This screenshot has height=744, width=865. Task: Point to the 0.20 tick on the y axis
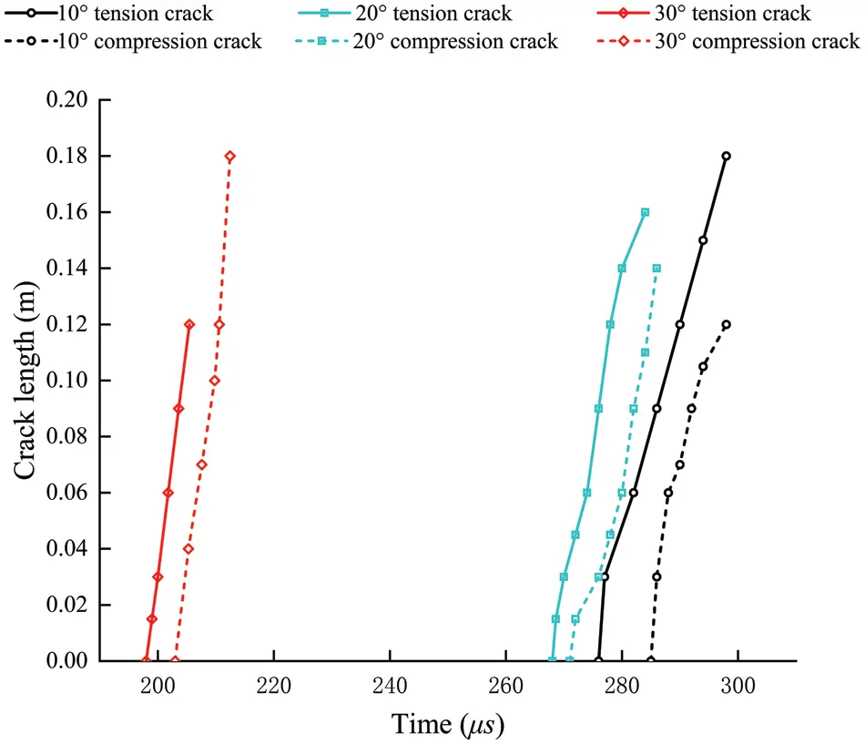tap(71, 100)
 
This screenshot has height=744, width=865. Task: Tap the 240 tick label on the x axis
tap(389, 684)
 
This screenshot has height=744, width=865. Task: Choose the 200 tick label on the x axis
tap(157, 684)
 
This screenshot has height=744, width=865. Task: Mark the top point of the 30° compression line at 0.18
tap(229, 157)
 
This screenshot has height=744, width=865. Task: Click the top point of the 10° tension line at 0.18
tap(726, 157)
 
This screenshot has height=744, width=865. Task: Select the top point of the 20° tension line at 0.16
tap(645, 212)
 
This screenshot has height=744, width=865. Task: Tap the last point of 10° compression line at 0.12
tap(726, 324)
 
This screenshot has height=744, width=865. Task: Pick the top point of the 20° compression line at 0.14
tap(656, 269)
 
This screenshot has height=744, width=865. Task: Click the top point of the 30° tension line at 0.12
tap(189, 324)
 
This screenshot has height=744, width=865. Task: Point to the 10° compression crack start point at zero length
tap(650, 660)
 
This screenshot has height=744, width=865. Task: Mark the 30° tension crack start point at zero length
tap(146, 660)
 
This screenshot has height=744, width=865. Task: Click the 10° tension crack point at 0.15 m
tap(703, 240)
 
